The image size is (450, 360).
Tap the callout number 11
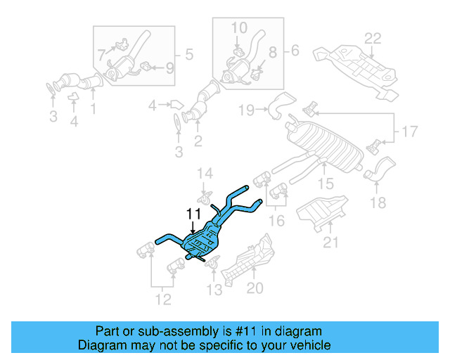pyautogui.click(x=193, y=214)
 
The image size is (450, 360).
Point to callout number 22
pyautogui.click(x=372, y=39)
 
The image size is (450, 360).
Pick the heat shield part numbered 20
pyautogui.click(x=243, y=260)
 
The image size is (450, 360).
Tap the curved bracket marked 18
pyautogui.click(x=381, y=169)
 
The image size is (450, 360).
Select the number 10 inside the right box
pyautogui.click(x=239, y=28)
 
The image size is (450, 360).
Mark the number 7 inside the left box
pyautogui.click(x=101, y=53)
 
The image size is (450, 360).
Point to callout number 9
pyautogui.click(x=169, y=68)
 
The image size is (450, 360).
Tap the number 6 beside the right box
pyautogui.click(x=294, y=50)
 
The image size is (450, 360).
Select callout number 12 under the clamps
pyautogui.click(x=162, y=302)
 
